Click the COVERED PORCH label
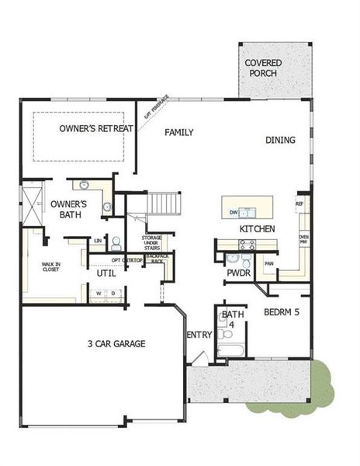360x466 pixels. [263, 68]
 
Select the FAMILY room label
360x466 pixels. [178, 132]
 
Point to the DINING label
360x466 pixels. [280, 140]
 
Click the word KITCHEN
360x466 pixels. [257, 229]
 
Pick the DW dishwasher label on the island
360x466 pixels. [233, 212]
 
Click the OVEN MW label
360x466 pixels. [304, 240]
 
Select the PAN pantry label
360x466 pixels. [269, 263]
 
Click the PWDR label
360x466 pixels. [237, 273]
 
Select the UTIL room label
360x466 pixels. [106, 274]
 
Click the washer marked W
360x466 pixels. [99, 293]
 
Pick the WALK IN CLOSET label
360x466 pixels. [50, 269]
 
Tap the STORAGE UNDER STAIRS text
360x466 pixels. [151, 243]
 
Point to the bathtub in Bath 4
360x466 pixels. [230, 351]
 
